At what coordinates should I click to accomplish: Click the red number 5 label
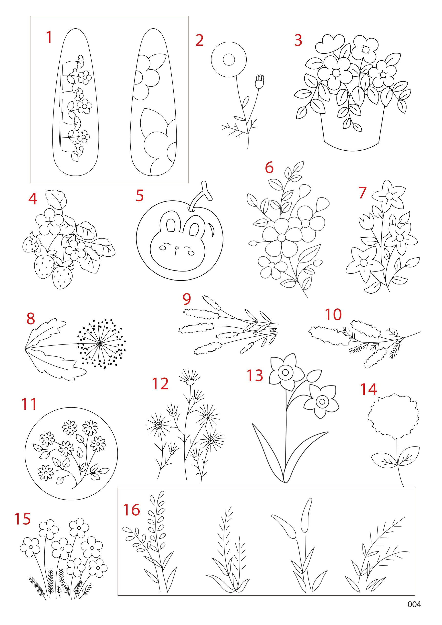coord(140,196)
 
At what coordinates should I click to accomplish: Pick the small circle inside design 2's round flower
coord(229,60)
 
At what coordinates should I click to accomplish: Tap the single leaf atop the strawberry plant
coord(56,199)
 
